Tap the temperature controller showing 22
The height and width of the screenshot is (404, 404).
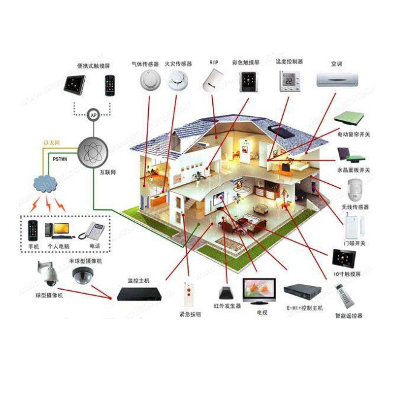(x=289, y=80)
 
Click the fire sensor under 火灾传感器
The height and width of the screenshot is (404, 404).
(x=178, y=79)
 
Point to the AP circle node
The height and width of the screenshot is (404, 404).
(x=93, y=115)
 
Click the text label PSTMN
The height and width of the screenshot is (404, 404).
(x=60, y=159)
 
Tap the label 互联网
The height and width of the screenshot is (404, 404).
(x=108, y=172)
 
